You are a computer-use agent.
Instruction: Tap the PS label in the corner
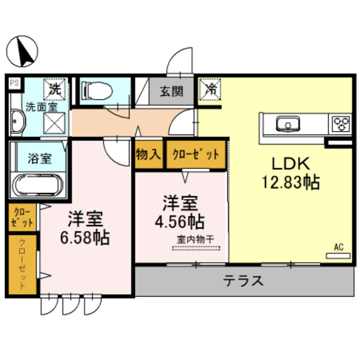click(14, 83)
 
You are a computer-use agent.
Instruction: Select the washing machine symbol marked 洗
click(55, 88)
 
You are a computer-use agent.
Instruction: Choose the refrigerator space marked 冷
click(210, 89)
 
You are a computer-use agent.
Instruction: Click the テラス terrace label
click(243, 280)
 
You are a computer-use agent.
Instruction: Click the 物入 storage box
click(149, 154)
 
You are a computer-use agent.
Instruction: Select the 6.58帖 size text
click(84, 237)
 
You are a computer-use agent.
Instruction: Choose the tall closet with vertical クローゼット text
click(23, 265)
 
